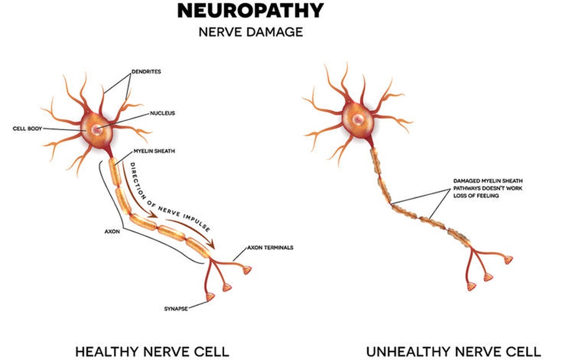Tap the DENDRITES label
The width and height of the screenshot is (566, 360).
pos(146,72)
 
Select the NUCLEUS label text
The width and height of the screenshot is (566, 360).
pos(162,112)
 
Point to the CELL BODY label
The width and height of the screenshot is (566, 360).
pos(27,128)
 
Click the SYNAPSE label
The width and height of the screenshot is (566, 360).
pos(176,308)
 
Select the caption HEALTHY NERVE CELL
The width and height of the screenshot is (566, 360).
pos(152,352)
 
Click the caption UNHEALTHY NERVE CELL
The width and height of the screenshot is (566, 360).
pos(453,352)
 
